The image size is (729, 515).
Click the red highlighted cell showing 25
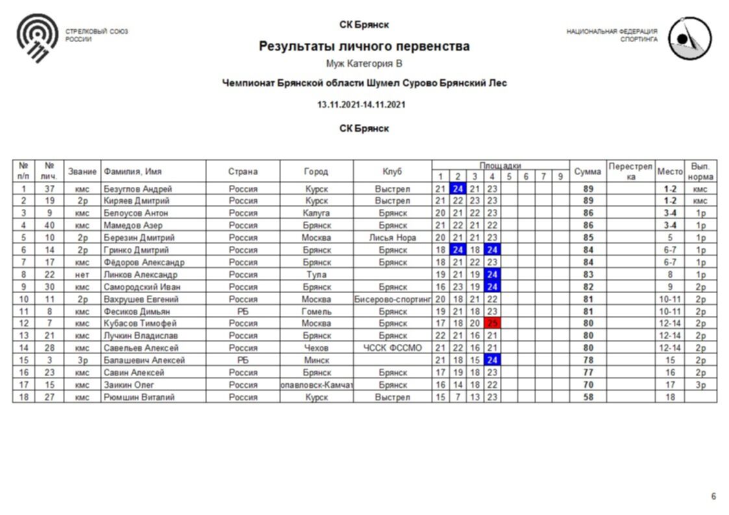pyautogui.click(x=492, y=323)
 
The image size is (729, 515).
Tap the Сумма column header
pyautogui.click(x=587, y=171)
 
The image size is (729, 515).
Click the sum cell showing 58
pyautogui.click(x=587, y=396)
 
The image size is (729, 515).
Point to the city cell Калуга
pyautogui.click(x=316, y=213)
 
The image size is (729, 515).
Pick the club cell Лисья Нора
pyautogui.click(x=392, y=237)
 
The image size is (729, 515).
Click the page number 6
pyautogui.click(x=713, y=496)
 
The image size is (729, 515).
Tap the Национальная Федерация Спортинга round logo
pyautogui.click(x=689, y=38)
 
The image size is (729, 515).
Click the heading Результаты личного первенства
pyautogui.click(x=364, y=47)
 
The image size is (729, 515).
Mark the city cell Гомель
pyautogui.click(x=316, y=311)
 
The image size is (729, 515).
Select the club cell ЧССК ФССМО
pyautogui.click(x=392, y=348)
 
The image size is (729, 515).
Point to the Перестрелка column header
pyautogui.click(x=630, y=171)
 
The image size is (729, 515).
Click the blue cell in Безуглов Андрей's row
pyautogui.click(x=458, y=189)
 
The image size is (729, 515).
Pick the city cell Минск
pyautogui.click(x=316, y=360)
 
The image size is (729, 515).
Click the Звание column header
pyautogui.click(x=82, y=171)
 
